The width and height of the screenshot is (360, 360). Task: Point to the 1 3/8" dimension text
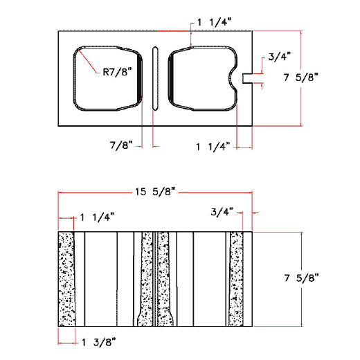click(99, 341)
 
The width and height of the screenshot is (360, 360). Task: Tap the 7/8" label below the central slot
click(121, 145)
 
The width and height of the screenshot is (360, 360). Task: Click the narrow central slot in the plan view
click(155, 78)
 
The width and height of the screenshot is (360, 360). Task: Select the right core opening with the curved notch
click(201, 78)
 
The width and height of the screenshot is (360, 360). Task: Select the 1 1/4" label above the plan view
click(215, 22)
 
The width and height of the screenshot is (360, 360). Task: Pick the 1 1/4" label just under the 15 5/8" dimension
click(98, 217)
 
